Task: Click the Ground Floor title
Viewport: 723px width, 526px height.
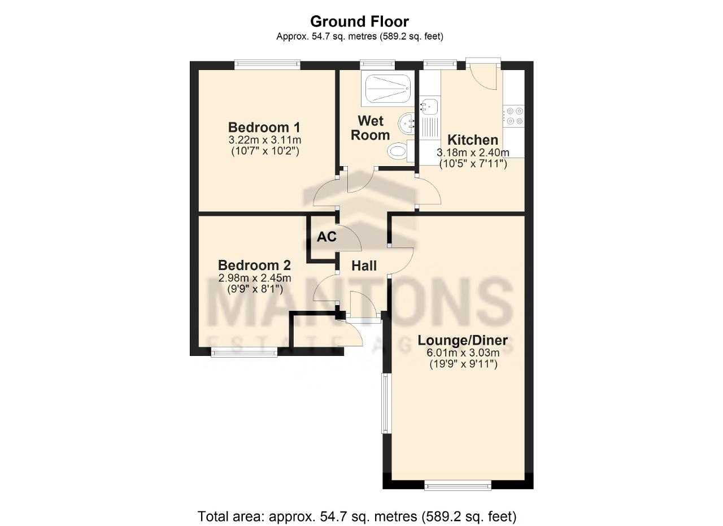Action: (x=360, y=21)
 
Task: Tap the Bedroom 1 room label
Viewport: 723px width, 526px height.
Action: (x=264, y=127)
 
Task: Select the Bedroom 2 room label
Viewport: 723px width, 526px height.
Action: (x=254, y=265)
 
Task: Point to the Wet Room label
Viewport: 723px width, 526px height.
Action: (x=370, y=128)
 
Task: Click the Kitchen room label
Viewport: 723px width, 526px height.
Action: (x=473, y=140)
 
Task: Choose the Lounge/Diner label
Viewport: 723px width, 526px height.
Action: (x=463, y=340)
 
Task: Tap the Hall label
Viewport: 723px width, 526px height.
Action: (x=364, y=266)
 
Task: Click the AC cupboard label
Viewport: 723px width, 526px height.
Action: (x=326, y=237)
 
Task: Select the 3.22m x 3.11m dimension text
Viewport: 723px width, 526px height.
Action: (x=265, y=140)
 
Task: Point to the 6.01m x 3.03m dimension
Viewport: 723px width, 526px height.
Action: (x=463, y=353)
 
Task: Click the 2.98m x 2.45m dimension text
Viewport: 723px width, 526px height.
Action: (x=255, y=278)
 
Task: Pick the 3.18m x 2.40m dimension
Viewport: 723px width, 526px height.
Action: (x=473, y=153)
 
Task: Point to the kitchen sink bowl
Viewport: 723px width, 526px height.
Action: (x=430, y=106)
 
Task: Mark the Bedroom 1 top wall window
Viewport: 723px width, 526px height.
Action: (x=267, y=64)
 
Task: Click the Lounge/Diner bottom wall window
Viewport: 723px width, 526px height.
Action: (x=458, y=494)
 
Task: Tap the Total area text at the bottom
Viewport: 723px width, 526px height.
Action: (x=357, y=516)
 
